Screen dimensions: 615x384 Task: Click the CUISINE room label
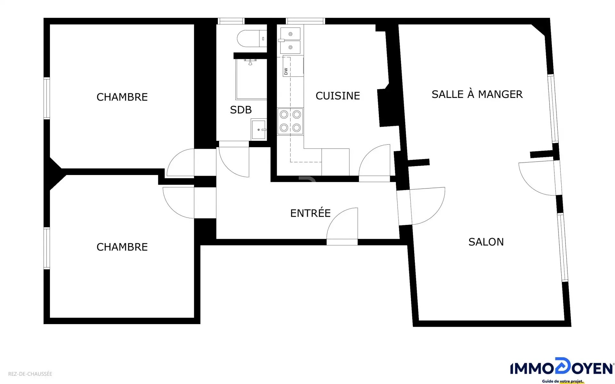click(338, 96)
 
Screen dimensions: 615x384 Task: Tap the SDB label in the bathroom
click(241, 110)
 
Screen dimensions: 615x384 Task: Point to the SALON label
click(486, 242)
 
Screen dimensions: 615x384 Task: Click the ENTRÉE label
click(310, 213)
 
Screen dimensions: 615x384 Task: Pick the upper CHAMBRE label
click(122, 97)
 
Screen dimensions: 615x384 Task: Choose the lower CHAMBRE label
click(122, 247)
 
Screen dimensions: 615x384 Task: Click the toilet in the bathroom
click(252, 39)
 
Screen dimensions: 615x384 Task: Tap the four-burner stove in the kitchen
click(290, 121)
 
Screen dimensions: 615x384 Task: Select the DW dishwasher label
click(286, 71)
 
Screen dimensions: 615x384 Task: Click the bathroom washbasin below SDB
click(259, 130)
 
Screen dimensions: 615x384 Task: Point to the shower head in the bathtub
click(250, 62)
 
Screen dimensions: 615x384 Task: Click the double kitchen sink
click(290, 41)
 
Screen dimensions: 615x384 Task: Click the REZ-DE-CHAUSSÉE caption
click(30, 374)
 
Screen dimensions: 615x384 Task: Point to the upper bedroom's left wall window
click(47, 98)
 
